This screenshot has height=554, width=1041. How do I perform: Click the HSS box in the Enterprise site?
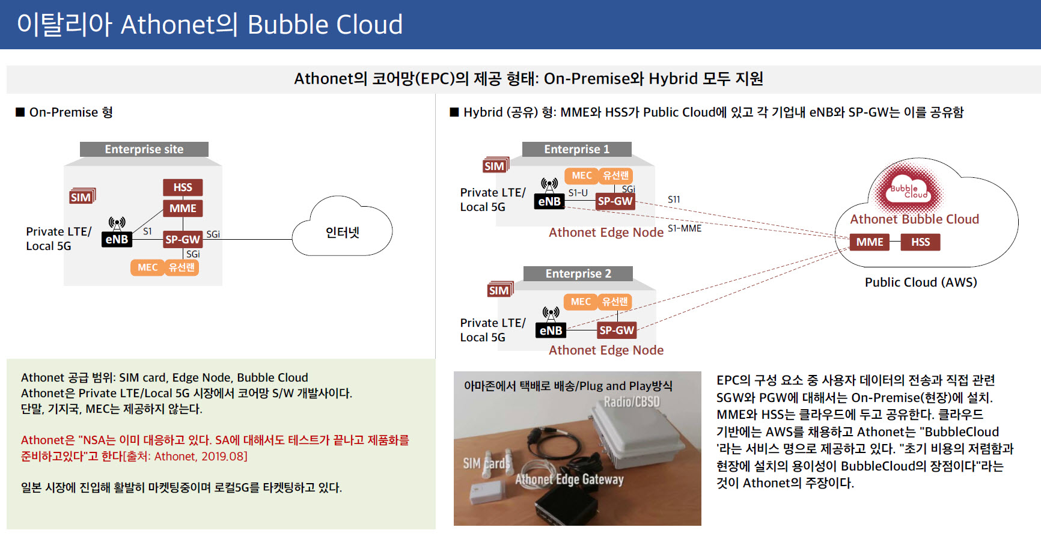click(183, 187)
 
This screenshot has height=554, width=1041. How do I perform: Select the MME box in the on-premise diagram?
click(183, 208)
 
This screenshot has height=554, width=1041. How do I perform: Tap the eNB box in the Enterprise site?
click(117, 239)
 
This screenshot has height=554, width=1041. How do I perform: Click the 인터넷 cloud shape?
click(342, 231)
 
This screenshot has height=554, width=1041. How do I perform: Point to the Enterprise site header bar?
click(144, 149)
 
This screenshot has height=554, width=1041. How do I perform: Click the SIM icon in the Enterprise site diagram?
click(82, 196)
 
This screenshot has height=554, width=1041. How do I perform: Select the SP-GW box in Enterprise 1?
click(615, 201)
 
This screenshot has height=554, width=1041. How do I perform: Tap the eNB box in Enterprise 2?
click(551, 330)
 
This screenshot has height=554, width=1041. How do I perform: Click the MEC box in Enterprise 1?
click(581, 175)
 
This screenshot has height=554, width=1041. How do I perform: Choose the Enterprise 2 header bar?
click(578, 273)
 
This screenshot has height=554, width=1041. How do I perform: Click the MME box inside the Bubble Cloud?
click(870, 242)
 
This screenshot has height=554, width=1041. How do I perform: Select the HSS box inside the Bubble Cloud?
click(920, 242)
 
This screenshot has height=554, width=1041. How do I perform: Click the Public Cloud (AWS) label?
click(921, 282)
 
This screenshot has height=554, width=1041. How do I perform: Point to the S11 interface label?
click(674, 199)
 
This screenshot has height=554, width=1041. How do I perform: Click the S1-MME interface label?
click(685, 228)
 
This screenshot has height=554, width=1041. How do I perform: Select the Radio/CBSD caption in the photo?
click(632, 402)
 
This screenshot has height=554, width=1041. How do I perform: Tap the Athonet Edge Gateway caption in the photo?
click(569, 479)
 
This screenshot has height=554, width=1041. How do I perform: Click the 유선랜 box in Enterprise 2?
click(615, 302)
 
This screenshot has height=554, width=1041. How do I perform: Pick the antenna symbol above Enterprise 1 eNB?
click(549, 184)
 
